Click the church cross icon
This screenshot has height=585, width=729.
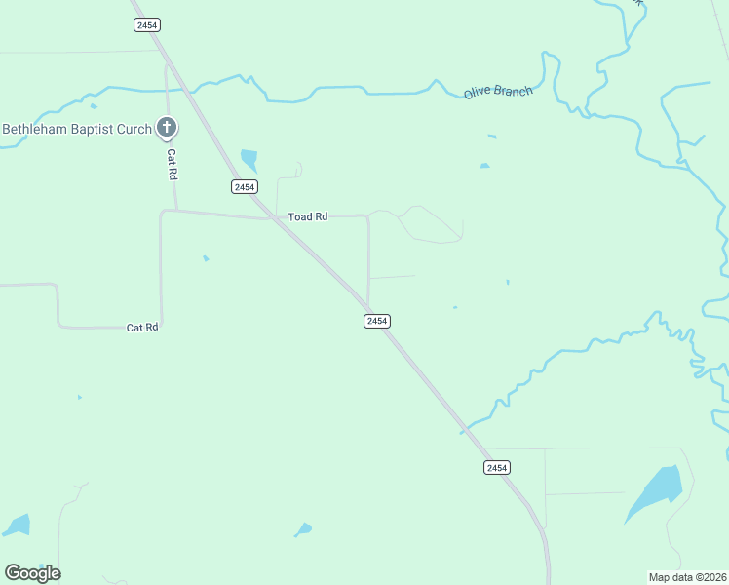tap(167, 128)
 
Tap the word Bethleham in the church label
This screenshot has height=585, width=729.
tap(37, 129)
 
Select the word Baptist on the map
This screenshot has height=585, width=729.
tap(100, 129)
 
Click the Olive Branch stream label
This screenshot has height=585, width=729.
tap(498, 92)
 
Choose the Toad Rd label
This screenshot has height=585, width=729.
tap(308, 216)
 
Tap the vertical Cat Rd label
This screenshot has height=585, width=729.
tap(172, 163)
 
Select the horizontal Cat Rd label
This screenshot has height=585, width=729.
tap(142, 328)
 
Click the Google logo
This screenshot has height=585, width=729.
tap(32, 573)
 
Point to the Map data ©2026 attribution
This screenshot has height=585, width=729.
tap(688, 577)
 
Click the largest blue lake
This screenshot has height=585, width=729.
tap(655, 492)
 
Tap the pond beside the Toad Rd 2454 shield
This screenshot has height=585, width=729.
tap(249, 159)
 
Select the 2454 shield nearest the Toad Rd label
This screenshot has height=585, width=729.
tap(244, 186)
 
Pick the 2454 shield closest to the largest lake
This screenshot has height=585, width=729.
tap(497, 468)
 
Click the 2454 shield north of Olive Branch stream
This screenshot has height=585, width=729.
tap(149, 24)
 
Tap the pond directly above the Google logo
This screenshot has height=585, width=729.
tap(18, 526)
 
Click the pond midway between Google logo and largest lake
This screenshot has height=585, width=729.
tap(304, 529)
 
